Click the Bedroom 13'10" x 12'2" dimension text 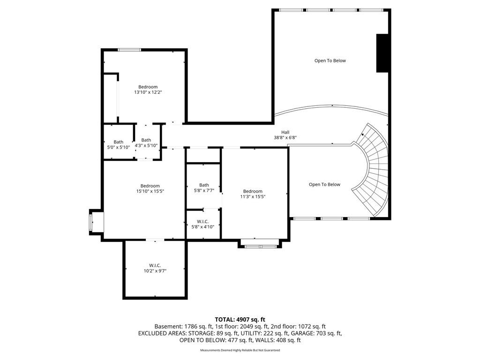(148, 92)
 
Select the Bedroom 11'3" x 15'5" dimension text (253, 197)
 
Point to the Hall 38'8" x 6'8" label (285, 135)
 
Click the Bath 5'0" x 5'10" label (119, 144)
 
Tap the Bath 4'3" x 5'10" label (146, 142)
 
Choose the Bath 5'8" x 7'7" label (204, 187)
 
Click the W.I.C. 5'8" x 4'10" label (203, 224)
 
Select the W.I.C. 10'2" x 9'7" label (155, 268)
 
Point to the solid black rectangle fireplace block (382, 53)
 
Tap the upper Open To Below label (330, 60)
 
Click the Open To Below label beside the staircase (324, 184)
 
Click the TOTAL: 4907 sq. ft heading (240, 320)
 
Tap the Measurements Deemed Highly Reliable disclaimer (240, 350)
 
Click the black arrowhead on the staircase (363, 134)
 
